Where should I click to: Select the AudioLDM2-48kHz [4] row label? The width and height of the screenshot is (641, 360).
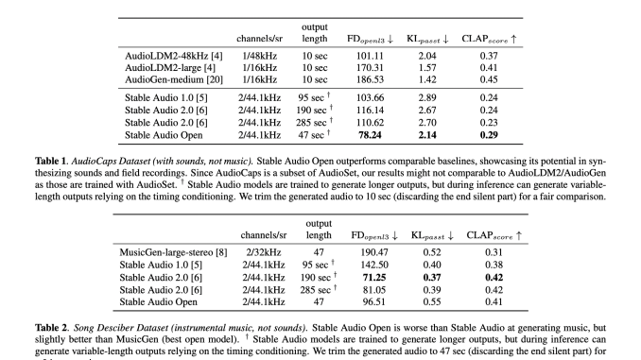point(176,58)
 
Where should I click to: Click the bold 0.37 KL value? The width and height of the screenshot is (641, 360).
point(431,277)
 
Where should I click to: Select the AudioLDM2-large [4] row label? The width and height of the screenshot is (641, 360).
point(170,70)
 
